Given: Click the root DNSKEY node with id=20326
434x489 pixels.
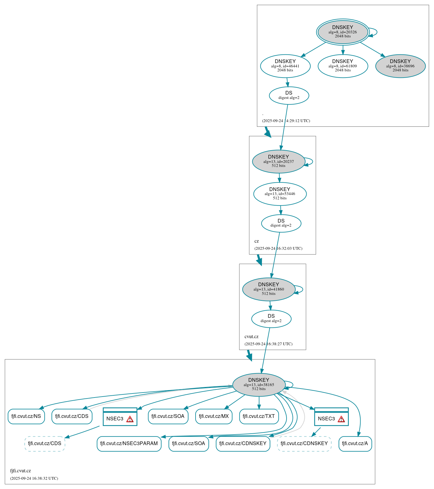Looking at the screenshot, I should [342, 32].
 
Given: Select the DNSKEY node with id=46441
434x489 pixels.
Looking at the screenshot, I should [285, 66].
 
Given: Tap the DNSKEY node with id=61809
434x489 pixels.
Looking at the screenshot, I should [342, 66].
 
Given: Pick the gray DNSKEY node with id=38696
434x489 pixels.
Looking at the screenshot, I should [400, 66].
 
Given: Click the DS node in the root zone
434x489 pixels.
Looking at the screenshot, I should [289, 95].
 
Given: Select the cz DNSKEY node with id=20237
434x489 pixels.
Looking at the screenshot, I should [278, 161].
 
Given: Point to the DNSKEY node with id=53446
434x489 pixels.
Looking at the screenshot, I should [279, 194].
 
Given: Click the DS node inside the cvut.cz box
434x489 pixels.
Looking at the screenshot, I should [271, 318].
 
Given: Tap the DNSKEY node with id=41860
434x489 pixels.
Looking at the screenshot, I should [268, 289].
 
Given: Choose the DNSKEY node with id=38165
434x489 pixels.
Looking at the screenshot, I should [258, 385].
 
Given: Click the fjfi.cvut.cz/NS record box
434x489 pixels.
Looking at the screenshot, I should [26, 416].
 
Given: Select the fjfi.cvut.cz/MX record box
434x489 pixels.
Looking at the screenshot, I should [213, 416].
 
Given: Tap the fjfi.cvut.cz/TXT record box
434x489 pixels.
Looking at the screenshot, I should [259, 416].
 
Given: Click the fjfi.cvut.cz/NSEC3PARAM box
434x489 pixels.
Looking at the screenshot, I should [129, 443].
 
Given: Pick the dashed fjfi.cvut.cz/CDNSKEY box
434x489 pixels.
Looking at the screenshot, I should [304, 443].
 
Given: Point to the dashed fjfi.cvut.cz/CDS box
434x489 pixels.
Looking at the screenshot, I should [45, 443].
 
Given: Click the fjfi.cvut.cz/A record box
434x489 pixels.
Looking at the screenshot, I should [355, 443].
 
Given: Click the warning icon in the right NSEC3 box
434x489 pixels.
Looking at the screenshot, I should [341, 419].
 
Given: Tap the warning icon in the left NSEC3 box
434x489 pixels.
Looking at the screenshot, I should [130, 419].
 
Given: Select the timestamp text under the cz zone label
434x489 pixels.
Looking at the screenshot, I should [278, 248].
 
